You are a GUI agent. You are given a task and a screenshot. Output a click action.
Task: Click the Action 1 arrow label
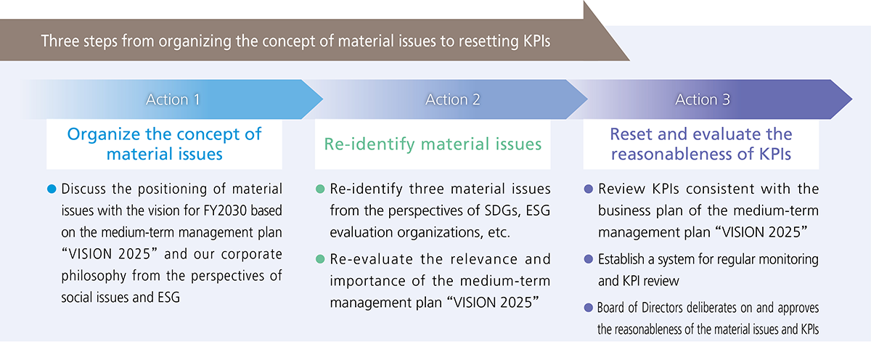(x=173, y=100)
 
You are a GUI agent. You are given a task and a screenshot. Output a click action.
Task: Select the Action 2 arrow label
(x=453, y=100)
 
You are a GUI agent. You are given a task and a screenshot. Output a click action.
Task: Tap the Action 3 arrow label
(x=703, y=100)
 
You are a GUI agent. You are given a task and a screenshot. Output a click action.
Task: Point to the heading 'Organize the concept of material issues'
(x=164, y=144)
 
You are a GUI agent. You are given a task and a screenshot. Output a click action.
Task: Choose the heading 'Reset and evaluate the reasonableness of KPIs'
(x=701, y=144)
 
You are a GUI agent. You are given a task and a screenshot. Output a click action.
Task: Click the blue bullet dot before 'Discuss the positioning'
(x=51, y=189)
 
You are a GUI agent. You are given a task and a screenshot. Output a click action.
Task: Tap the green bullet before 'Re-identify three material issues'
(x=320, y=189)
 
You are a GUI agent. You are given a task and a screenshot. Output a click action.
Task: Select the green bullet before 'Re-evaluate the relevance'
(x=320, y=259)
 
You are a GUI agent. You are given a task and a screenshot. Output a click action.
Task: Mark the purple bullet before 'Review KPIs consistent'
(x=589, y=189)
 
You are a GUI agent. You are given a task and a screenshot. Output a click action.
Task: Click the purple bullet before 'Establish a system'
(x=589, y=259)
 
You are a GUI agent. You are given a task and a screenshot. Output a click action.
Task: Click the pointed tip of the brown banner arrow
(x=629, y=60)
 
